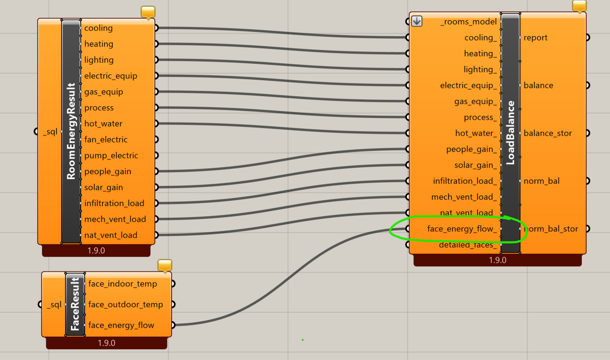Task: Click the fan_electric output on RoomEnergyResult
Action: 106,140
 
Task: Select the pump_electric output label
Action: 111,156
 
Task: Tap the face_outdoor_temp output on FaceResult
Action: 125,304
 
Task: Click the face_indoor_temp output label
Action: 123,284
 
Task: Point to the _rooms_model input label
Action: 469,22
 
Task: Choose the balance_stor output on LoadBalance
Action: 548,133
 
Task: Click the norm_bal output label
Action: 541,181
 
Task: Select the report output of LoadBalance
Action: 535,38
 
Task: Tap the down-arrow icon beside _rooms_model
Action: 417,21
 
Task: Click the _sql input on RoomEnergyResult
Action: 50,132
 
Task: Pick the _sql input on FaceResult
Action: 54,304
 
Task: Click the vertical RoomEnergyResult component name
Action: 71,131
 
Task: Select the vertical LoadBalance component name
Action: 511,133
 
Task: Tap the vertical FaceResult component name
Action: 75,304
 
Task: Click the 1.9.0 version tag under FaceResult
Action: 106,343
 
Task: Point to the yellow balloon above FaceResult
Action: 165,265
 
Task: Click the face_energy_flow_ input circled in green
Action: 462,229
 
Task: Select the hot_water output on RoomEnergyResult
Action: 103,124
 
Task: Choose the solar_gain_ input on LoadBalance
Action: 476,165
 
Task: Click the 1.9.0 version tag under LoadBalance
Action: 497,260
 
